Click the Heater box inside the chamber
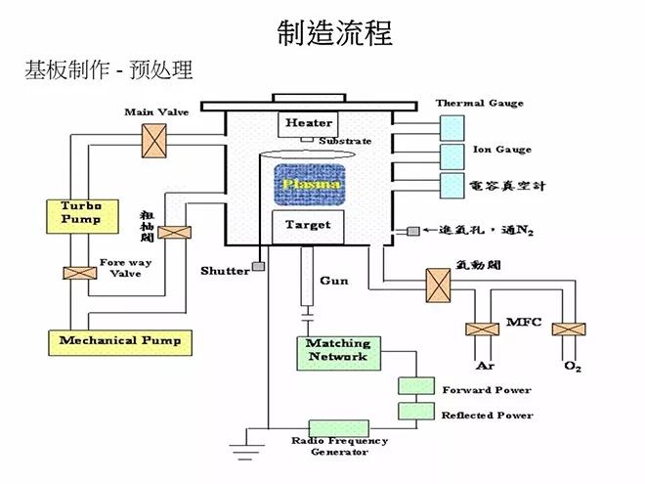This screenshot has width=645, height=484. click(309, 124)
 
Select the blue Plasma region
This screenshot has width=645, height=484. click(309, 184)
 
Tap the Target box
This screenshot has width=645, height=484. click(307, 226)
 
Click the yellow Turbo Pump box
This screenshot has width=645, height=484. click(74, 212)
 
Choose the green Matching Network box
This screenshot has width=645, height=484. click(337, 352)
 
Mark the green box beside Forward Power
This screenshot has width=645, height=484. click(414, 388)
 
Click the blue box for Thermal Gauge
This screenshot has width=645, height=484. click(452, 125)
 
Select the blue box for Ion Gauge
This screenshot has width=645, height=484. click(452, 155)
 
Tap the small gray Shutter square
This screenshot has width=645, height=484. click(258, 266)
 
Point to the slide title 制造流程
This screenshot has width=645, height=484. click(335, 33)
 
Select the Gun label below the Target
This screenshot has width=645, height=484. click(333, 281)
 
